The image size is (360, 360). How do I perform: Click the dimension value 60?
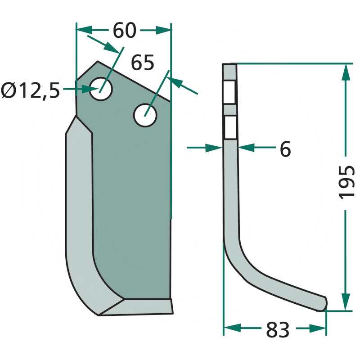125,31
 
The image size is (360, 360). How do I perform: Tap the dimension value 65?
142,63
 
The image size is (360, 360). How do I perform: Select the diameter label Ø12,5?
31,90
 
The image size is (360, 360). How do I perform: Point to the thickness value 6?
285,149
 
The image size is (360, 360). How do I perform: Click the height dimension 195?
346,182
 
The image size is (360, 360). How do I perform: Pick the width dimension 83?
278,330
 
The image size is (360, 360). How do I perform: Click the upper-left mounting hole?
101,89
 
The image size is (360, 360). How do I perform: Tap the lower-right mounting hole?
145,115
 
